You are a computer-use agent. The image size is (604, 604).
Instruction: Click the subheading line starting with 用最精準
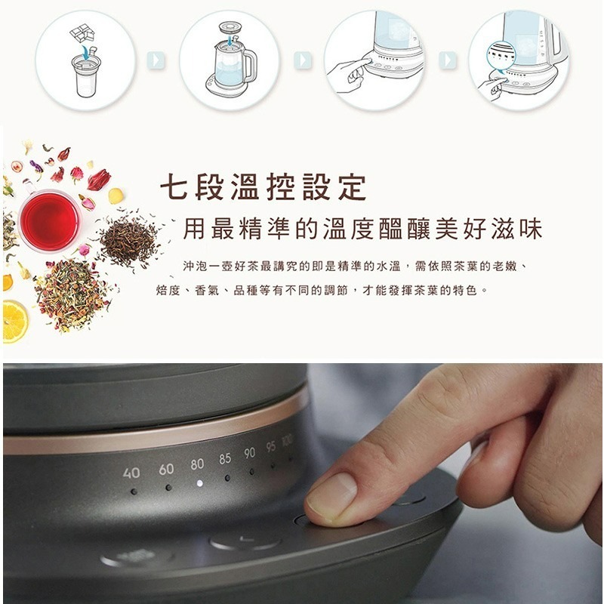point(362,229)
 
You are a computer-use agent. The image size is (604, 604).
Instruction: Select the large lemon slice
point(14,321)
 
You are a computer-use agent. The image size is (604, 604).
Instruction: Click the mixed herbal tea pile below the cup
point(72,294)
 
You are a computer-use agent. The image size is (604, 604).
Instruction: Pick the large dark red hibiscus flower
point(98,180)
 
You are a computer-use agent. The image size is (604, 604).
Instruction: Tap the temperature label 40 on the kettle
point(131,473)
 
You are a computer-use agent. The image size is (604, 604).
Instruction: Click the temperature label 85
point(225,458)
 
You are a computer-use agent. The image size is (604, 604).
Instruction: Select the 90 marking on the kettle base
point(249,453)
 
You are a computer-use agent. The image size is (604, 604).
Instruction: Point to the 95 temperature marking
point(270,447)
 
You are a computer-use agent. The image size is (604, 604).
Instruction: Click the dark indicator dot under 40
point(134,491)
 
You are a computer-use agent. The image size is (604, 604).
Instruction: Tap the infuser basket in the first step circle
point(88,75)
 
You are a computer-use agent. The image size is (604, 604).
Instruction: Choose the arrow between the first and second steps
point(157,59)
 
